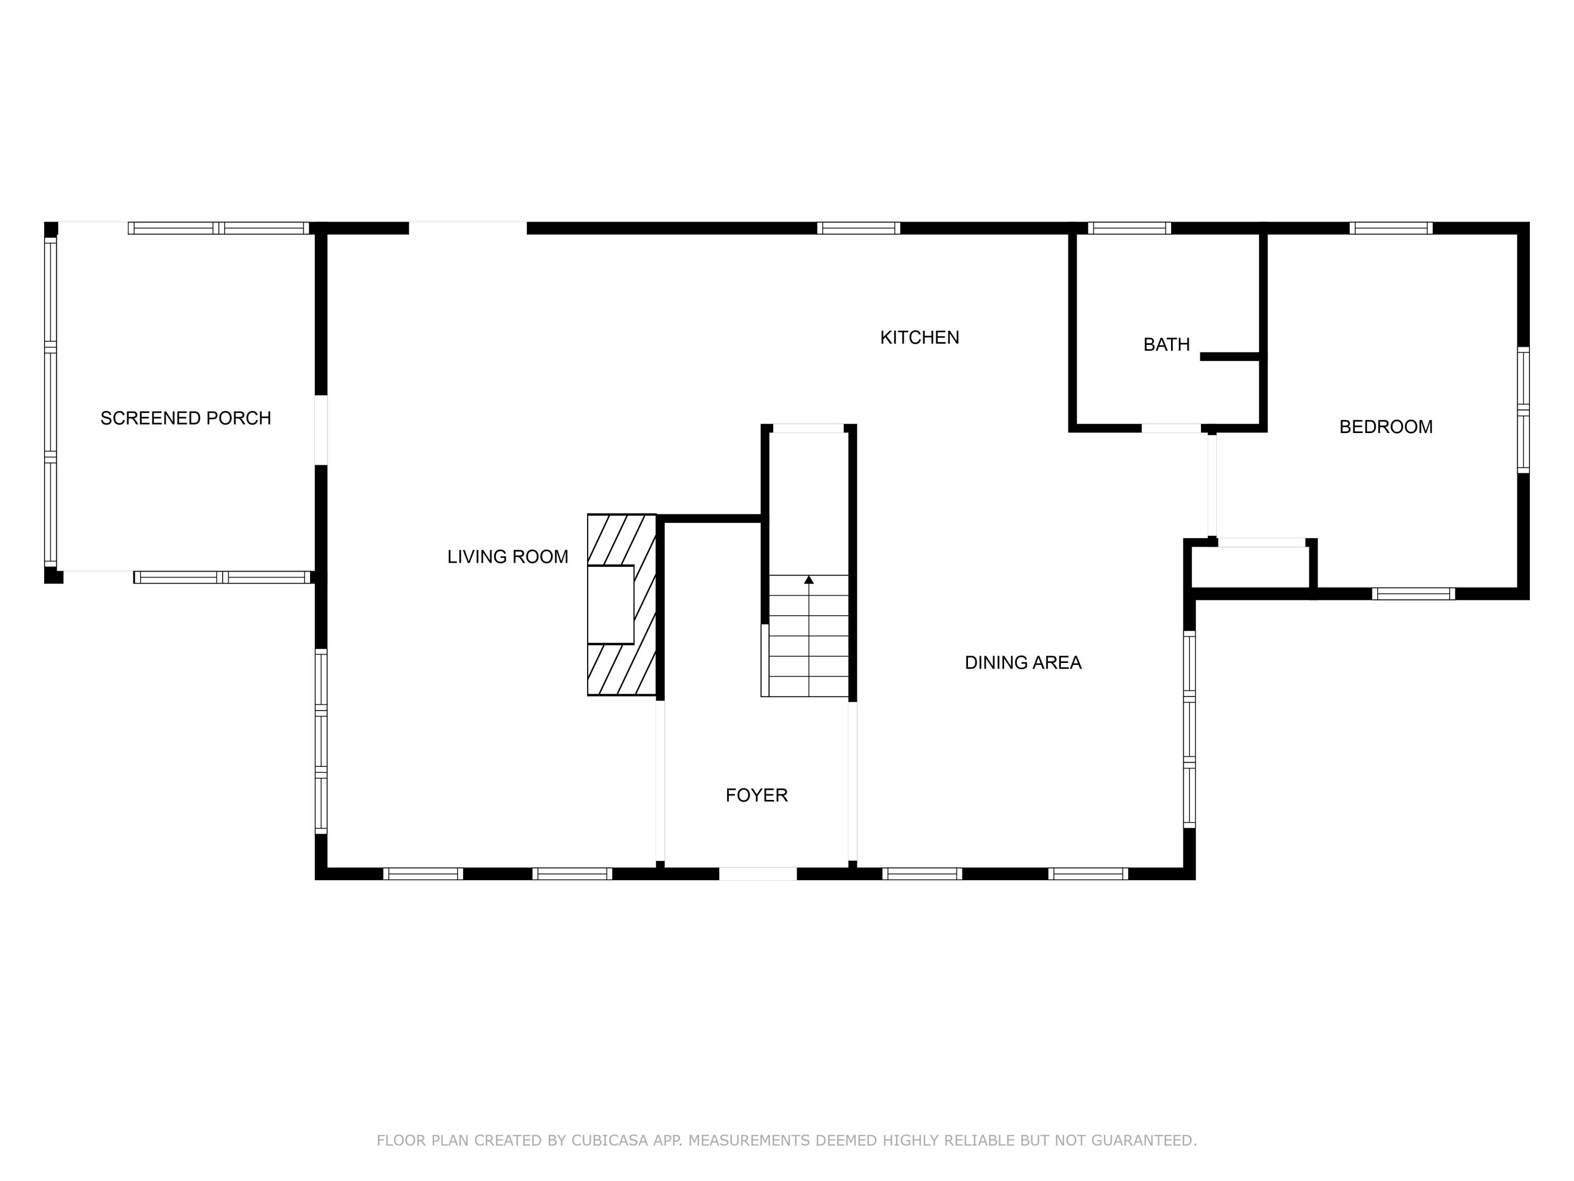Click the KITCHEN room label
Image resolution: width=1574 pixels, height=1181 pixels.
click(919, 338)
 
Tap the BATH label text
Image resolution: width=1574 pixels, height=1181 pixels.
click(1166, 344)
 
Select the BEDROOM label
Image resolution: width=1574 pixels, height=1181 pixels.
click(1386, 426)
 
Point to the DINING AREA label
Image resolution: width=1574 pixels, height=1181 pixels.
click(1023, 663)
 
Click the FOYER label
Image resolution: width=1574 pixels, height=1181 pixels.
click(757, 795)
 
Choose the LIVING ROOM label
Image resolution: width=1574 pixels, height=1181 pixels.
click(507, 557)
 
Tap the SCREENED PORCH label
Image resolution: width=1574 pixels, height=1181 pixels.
click(186, 418)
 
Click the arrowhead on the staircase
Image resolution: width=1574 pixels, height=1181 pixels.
click(809, 580)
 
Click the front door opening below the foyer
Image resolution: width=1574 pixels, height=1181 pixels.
click(758, 873)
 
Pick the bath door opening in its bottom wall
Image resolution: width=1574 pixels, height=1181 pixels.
click(1171, 428)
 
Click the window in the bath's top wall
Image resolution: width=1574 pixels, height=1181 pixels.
click(1129, 228)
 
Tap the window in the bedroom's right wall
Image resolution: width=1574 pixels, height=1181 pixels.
click(1523, 410)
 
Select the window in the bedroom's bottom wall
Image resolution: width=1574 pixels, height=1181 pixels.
click(1413, 594)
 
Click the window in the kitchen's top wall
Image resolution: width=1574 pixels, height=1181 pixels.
click(858, 228)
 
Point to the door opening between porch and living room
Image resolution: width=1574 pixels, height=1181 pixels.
click(321, 430)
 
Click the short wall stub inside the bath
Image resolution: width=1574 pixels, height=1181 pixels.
click(1230, 356)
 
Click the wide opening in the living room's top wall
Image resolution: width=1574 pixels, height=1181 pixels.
click(467, 228)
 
